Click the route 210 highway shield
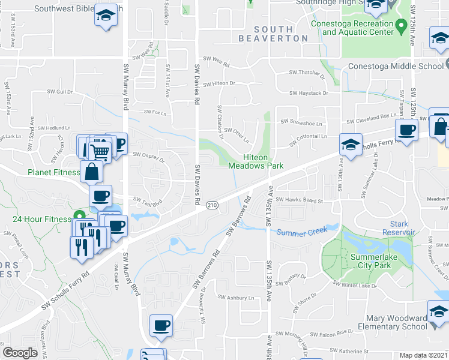[x=212, y=205]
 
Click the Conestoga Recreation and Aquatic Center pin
[x=402, y=26]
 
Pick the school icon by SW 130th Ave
[x=351, y=145]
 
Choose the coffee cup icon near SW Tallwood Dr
[x=161, y=326]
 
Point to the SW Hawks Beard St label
[x=303, y=201]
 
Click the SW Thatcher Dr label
[x=307, y=74]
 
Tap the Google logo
[x=20, y=353]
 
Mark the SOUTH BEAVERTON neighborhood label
[x=281, y=34]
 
